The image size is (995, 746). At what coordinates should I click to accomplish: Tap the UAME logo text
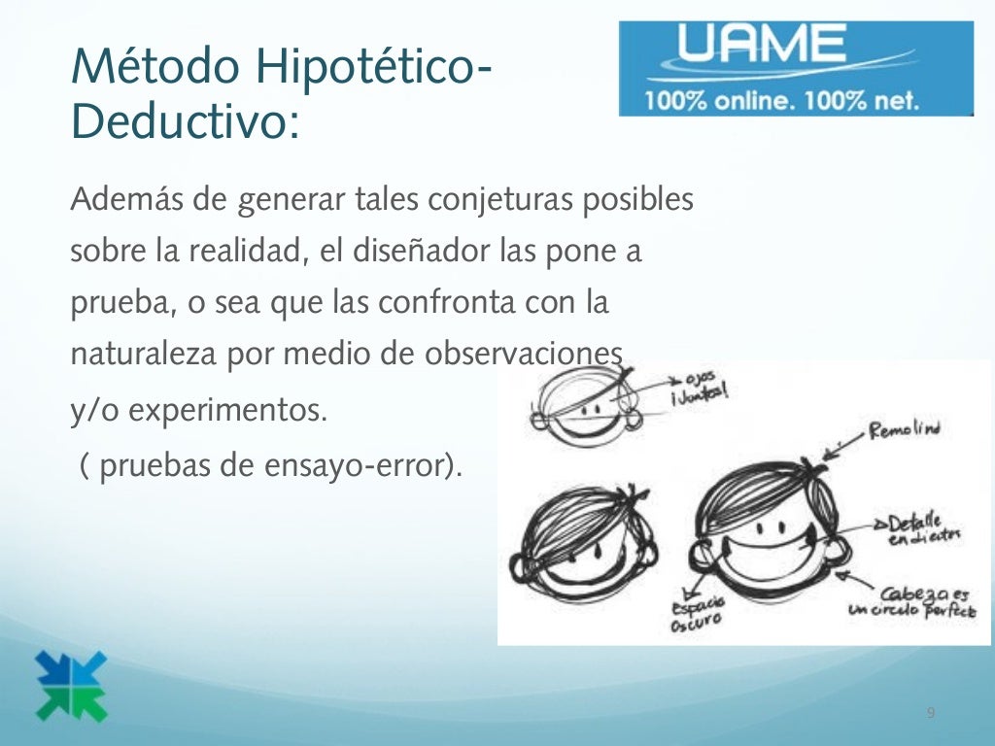[x=763, y=45]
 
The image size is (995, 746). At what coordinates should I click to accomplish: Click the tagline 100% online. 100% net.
[x=780, y=100]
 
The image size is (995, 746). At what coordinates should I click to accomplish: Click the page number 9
[x=931, y=714]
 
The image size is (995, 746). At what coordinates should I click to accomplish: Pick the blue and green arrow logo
[x=71, y=686]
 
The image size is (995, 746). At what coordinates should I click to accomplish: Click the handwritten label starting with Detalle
[x=922, y=528]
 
